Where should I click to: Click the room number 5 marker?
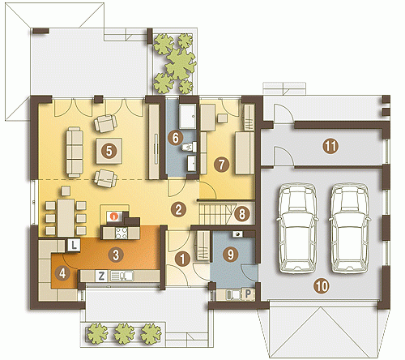(109, 151)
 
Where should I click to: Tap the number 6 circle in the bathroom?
(175, 138)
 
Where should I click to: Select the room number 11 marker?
(330, 146)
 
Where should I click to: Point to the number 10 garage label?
(322, 286)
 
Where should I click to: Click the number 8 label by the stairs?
(241, 214)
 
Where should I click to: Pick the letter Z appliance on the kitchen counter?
(101, 276)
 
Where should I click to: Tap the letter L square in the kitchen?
(74, 246)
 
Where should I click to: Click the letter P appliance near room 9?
(248, 294)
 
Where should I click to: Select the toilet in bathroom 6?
(190, 148)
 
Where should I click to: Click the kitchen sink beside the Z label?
(122, 276)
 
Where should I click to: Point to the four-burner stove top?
(122, 233)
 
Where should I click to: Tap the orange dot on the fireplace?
(115, 216)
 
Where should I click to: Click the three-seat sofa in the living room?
(75, 152)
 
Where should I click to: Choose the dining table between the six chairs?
(66, 217)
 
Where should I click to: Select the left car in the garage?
(297, 228)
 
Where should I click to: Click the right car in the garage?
(350, 228)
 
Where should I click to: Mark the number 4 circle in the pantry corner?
(62, 273)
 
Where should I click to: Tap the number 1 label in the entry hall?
(182, 259)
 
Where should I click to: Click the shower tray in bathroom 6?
(188, 116)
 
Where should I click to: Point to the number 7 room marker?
(221, 165)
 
